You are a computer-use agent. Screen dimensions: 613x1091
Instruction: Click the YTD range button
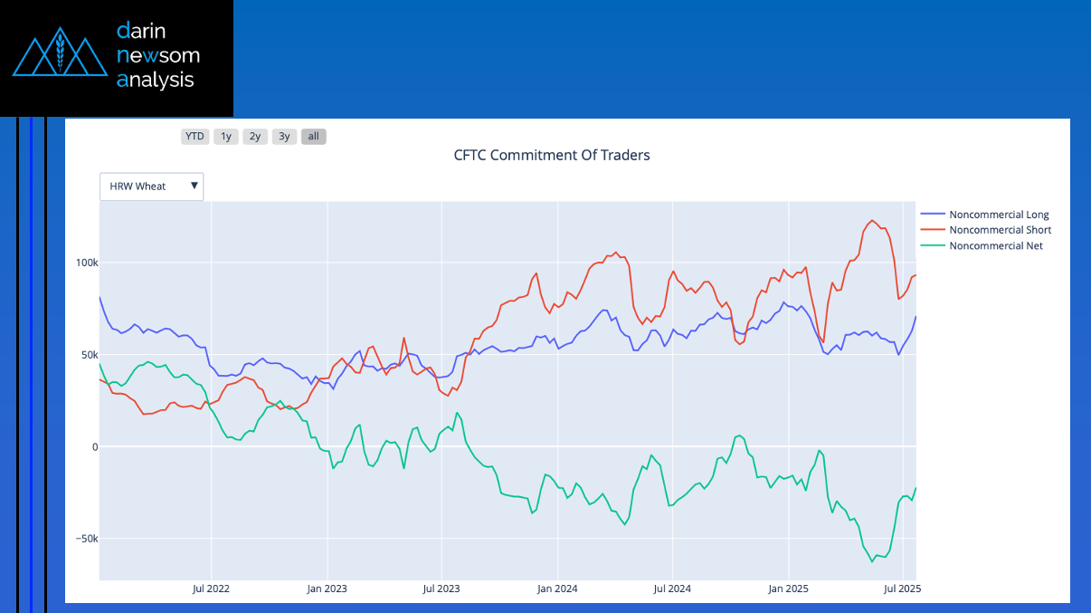coord(194,137)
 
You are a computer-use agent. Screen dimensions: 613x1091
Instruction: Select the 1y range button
coord(225,137)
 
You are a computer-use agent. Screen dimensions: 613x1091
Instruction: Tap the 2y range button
coord(255,137)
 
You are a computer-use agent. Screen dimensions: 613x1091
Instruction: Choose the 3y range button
coord(284,137)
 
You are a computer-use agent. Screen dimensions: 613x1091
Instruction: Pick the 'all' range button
coord(313,137)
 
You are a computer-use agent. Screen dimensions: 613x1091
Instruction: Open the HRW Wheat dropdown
coord(152,187)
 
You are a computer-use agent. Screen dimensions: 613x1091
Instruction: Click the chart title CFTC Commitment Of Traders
coord(551,155)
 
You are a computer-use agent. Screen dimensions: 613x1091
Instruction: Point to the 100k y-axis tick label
coord(87,263)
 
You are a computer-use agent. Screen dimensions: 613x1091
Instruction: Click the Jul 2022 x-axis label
coord(211,589)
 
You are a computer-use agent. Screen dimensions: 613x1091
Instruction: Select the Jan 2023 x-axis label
coord(327,589)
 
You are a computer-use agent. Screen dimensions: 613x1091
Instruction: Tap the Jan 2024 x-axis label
coord(557,589)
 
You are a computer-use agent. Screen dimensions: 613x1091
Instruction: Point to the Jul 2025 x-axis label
coord(903,589)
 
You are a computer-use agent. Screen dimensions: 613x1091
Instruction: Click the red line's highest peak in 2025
coord(872,220)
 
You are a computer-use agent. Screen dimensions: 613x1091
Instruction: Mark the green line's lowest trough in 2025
coord(872,561)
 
